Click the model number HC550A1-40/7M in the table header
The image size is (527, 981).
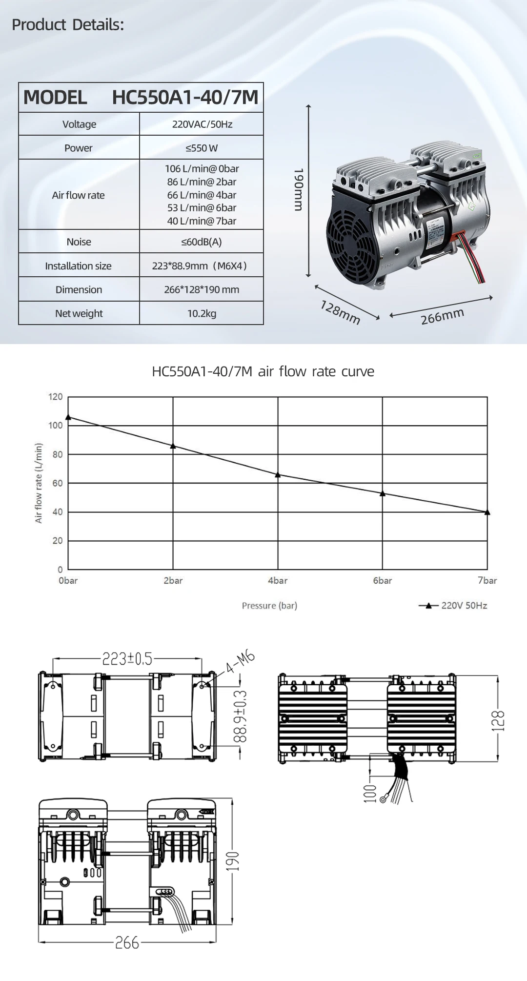pos(185,97)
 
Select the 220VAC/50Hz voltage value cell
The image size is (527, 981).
pos(202,124)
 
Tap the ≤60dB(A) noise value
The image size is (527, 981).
pos(202,242)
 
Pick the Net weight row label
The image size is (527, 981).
pos(79,313)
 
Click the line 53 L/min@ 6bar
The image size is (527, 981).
pos(202,207)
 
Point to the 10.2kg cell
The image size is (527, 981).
pos(202,313)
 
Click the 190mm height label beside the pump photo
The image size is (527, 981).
pos(299,190)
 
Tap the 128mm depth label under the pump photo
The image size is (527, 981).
pos(340,312)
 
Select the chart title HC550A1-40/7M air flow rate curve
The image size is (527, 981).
pos(263,371)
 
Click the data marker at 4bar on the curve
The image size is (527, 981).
pos(278,474)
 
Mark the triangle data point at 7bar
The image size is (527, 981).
pos(487,512)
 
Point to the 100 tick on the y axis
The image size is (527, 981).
pos(56,425)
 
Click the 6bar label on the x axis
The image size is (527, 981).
pos(382,580)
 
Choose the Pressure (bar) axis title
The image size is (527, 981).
pos(269,605)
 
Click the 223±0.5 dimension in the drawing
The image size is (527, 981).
pos(127,659)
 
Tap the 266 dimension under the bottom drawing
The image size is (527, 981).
pos(127,942)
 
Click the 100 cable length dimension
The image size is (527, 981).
pos(370,793)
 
